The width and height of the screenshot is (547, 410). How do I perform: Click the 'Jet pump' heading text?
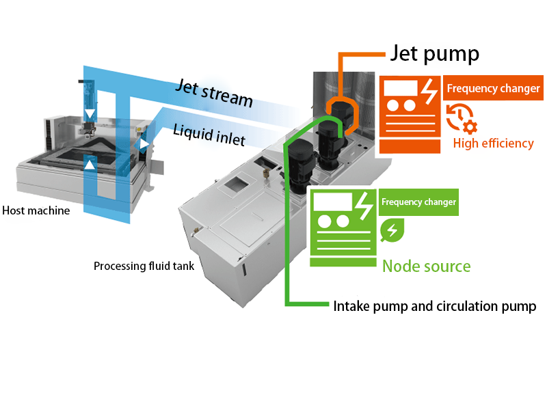[434, 53]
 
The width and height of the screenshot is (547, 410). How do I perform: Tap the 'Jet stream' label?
[213, 94]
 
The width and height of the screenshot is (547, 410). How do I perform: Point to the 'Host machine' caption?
[36, 210]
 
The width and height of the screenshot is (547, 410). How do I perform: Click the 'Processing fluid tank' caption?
[144, 266]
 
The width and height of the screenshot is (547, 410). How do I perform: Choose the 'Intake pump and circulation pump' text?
[434, 306]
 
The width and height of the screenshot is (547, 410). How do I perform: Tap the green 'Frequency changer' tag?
[418, 202]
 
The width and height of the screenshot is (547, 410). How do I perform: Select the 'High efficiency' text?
[493, 143]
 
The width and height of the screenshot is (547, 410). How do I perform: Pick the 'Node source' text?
[426, 265]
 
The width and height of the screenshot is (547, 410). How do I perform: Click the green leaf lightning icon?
[392, 230]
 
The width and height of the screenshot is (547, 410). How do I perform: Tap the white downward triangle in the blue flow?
[88, 113]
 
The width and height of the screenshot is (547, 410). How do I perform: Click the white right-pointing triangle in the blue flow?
[143, 144]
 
